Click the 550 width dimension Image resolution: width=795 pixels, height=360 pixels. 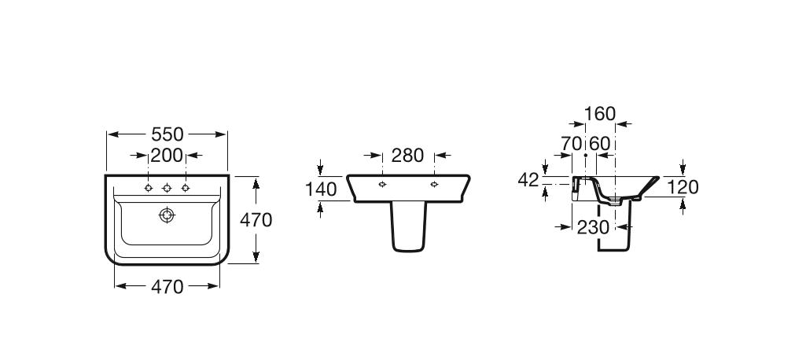click(x=167, y=134)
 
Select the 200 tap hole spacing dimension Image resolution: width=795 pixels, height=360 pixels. click(x=167, y=155)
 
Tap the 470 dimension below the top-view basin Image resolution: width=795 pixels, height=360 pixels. click(x=167, y=287)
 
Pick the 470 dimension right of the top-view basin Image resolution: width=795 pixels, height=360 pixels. click(x=256, y=221)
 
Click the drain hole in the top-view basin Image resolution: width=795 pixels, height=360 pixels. click(x=167, y=215)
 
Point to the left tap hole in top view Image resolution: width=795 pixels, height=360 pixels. click(x=148, y=188)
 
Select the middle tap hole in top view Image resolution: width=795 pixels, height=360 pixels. click(x=167, y=188)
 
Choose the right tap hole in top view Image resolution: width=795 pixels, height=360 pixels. click(x=186, y=188)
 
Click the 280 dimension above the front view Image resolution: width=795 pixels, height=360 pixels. click(x=407, y=156)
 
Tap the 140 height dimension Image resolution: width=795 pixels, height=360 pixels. click(x=321, y=189)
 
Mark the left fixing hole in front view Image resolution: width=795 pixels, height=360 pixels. click(x=381, y=185)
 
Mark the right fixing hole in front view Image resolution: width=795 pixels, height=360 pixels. click(x=434, y=185)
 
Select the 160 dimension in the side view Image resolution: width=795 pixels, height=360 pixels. click(x=601, y=115)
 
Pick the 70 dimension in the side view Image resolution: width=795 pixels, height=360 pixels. click(x=572, y=144)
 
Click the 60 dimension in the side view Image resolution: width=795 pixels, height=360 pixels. click(x=600, y=144)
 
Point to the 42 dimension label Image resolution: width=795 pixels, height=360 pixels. click(x=528, y=180)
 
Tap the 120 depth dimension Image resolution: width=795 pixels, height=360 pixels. click(x=683, y=186)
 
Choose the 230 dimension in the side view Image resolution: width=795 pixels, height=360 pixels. click(x=593, y=227)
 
